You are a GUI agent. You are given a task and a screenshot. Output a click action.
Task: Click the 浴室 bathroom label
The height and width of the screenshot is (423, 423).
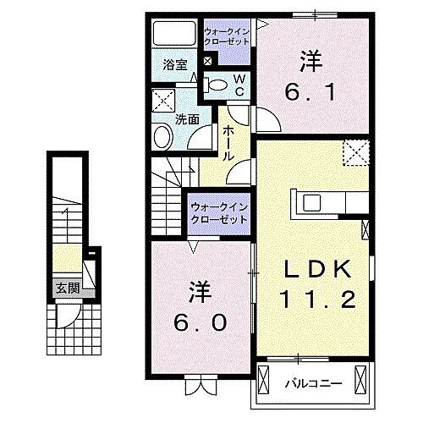175,64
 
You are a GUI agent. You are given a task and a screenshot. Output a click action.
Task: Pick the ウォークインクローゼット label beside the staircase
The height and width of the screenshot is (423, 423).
218,211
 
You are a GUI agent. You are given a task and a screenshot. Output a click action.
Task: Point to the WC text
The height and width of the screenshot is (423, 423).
239,83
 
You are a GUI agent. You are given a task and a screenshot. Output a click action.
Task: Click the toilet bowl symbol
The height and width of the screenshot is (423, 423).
217,83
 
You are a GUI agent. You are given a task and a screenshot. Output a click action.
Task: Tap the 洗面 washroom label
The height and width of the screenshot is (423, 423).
187,119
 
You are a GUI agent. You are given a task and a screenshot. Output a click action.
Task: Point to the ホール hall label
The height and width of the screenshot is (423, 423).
228,143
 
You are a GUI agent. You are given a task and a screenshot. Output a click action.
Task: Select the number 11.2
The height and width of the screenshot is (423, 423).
315,298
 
